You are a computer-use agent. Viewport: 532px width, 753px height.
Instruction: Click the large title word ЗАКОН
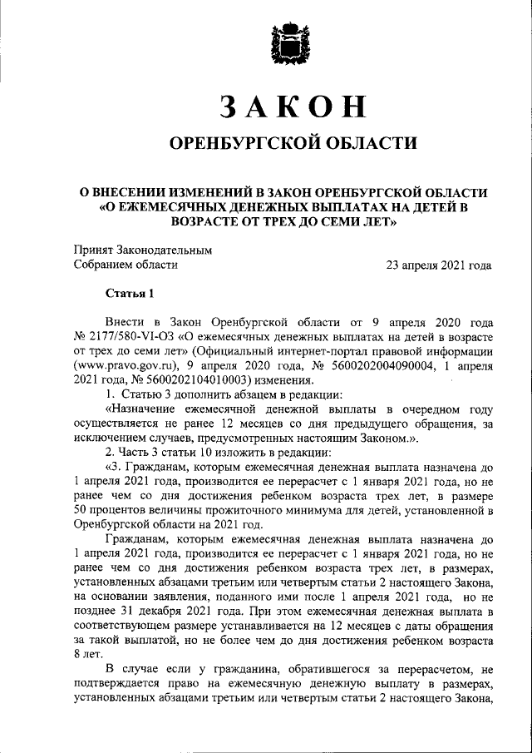pos(293,107)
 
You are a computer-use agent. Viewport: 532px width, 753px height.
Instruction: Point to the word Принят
pos(91,249)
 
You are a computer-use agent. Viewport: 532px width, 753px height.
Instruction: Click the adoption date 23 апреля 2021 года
pos(438,265)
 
